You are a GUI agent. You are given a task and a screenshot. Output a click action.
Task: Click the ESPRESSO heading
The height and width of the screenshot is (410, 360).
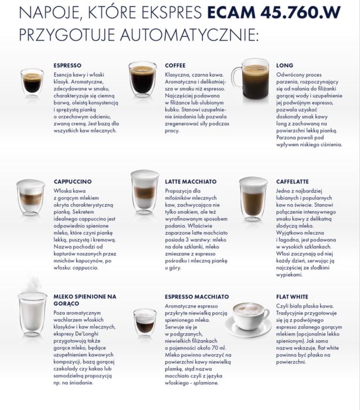(x=67, y=65)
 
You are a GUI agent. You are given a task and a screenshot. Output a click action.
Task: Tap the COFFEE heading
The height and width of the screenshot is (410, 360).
(x=175, y=65)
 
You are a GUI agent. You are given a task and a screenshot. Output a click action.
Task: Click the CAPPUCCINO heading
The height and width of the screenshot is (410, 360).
(x=72, y=182)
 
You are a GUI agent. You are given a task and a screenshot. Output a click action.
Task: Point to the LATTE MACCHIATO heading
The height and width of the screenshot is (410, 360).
(x=191, y=182)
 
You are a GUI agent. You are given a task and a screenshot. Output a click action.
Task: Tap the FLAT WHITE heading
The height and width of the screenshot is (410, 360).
(x=292, y=297)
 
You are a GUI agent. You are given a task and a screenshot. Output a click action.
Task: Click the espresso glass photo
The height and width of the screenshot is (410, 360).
(x=32, y=82)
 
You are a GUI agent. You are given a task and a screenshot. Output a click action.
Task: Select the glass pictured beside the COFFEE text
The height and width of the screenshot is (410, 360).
(x=142, y=79)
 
